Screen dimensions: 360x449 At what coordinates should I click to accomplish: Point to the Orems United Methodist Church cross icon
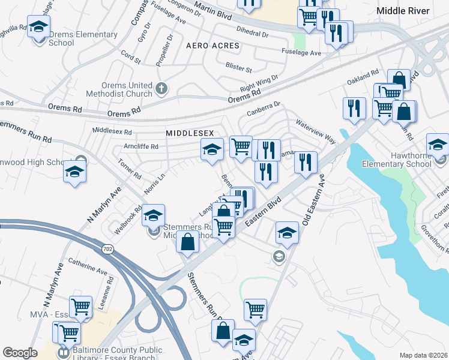160,89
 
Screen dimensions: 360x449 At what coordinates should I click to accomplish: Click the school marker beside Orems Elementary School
39,28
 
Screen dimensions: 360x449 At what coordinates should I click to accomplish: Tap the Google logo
20,353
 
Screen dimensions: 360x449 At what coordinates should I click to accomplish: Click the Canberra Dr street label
264,109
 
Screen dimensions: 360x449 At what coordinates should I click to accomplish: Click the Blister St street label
238,65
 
